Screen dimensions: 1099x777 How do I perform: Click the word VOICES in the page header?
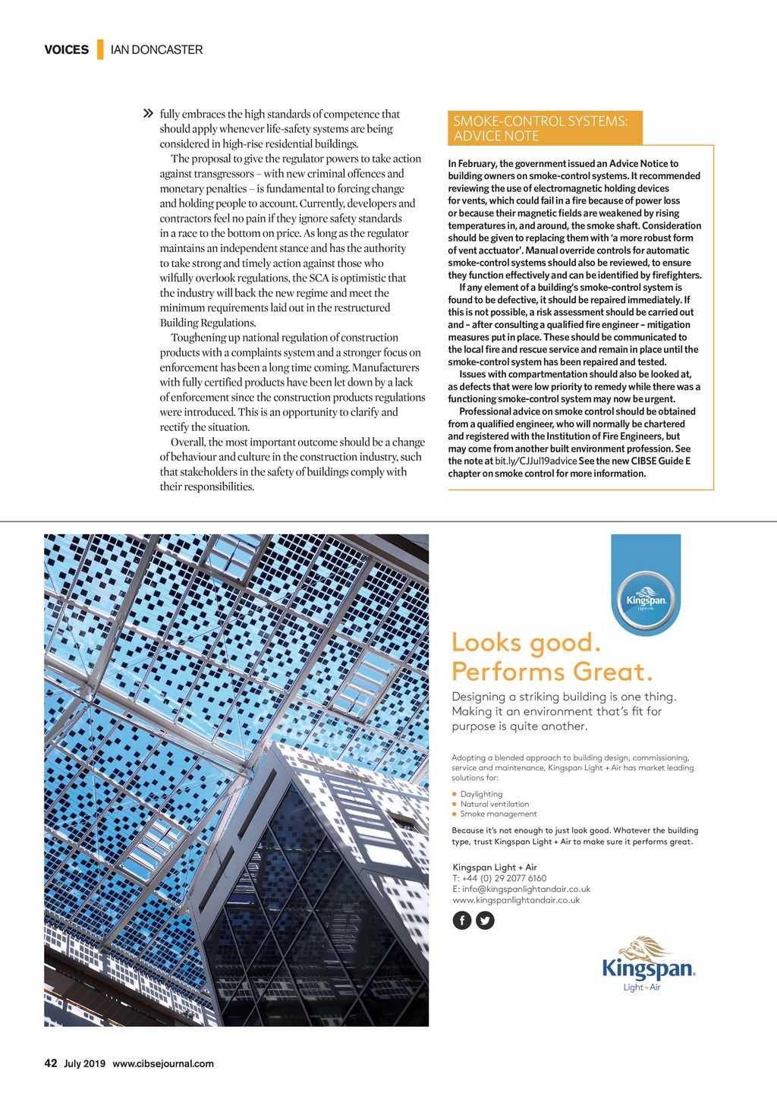click(x=66, y=50)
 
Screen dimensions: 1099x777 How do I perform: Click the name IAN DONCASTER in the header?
click(x=156, y=50)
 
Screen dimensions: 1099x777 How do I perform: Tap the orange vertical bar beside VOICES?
click(x=100, y=50)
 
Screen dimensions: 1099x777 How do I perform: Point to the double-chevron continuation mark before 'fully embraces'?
click(x=149, y=114)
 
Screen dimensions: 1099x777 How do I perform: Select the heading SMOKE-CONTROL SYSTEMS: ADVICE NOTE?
click(x=541, y=128)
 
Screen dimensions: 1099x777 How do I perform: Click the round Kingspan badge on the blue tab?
click(x=646, y=602)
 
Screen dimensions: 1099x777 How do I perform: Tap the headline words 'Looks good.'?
click(x=526, y=643)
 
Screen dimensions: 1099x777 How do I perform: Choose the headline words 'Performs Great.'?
click(x=552, y=672)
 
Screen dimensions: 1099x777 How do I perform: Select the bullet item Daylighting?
click(x=481, y=794)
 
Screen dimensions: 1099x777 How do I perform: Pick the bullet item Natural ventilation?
click(x=494, y=804)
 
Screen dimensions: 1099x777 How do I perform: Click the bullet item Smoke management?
click(x=498, y=814)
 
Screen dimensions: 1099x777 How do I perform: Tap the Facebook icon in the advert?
click(x=462, y=921)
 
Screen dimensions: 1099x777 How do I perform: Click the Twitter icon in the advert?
click(x=485, y=921)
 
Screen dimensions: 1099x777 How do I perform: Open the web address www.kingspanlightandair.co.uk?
click(x=516, y=900)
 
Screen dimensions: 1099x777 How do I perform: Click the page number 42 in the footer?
click(x=51, y=1063)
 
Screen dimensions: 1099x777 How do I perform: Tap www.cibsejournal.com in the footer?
click(x=163, y=1064)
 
